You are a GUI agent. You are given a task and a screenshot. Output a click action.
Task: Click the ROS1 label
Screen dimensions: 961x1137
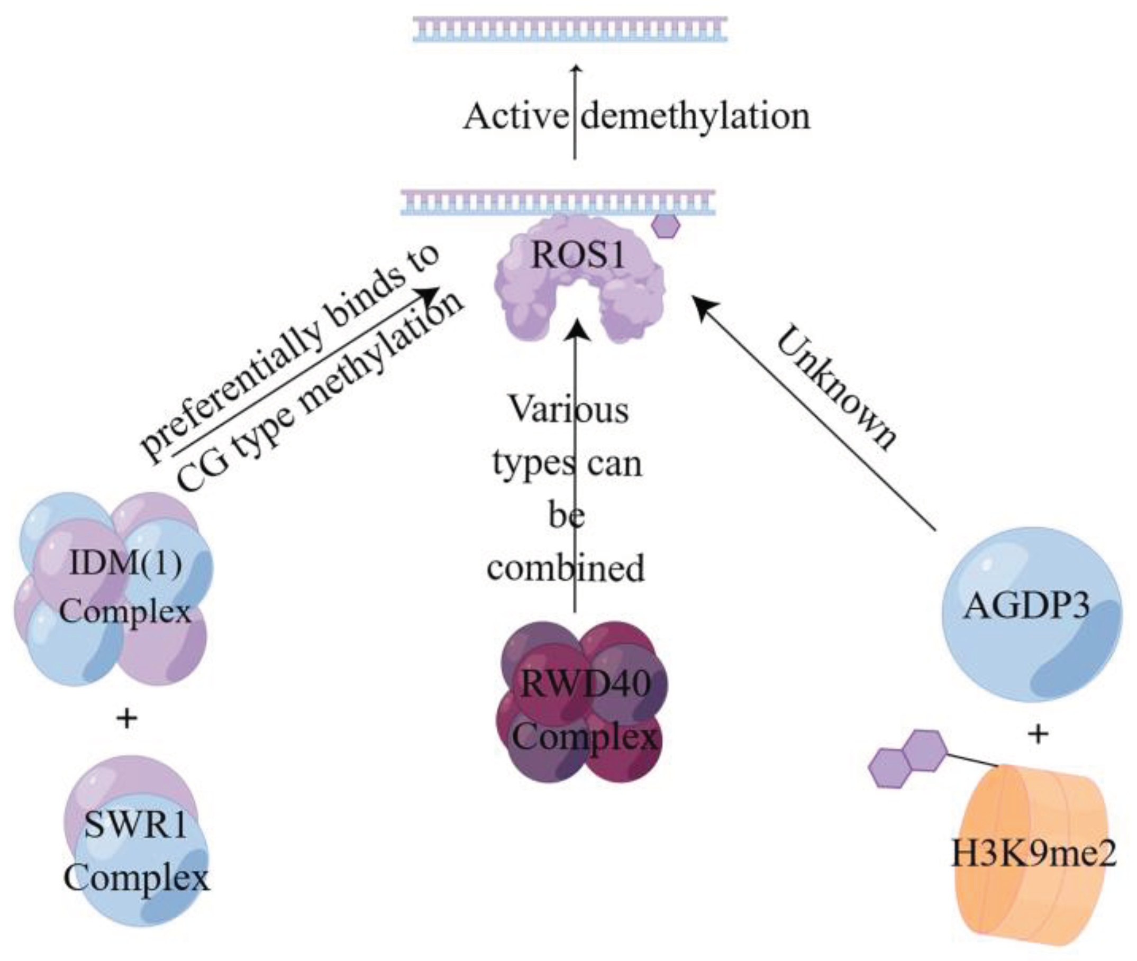[578, 255]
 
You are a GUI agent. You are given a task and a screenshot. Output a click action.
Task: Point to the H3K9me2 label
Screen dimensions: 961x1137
[1033, 854]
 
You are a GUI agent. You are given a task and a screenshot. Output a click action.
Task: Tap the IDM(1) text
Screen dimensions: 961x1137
[126, 563]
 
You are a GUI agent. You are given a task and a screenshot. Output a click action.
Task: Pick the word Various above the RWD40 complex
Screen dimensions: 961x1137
[568, 410]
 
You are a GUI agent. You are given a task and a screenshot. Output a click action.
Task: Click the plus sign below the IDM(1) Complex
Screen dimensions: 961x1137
[127, 719]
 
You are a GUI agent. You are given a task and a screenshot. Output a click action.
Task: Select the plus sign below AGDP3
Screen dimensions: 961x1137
[1038, 735]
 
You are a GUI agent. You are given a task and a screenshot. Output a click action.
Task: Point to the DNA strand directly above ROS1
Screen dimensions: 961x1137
[557, 202]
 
